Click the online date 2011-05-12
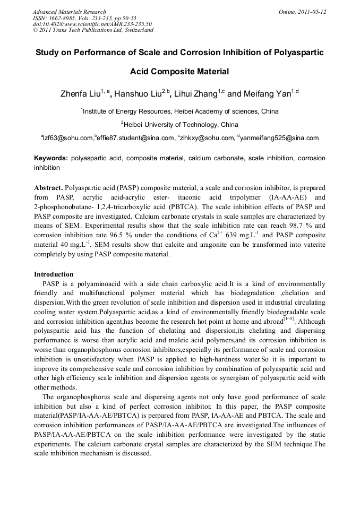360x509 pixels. (x=314, y=12)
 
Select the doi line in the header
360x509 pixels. (x=92, y=24)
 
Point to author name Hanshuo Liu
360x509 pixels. (x=140, y=94)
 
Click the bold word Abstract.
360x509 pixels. (x=48, y=188)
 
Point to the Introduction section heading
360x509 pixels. (x=54, y=274)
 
